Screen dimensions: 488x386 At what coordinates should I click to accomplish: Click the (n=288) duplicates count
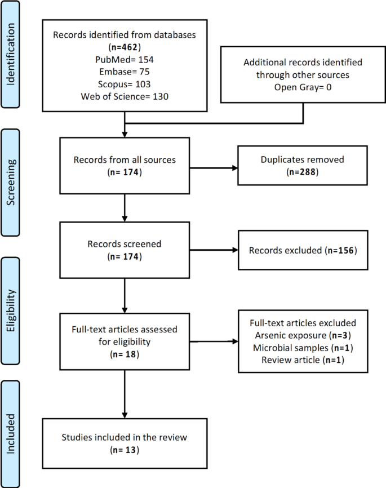click(x=304, y=172)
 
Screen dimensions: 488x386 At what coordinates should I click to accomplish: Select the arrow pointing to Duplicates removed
click(x=214, y=167)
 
